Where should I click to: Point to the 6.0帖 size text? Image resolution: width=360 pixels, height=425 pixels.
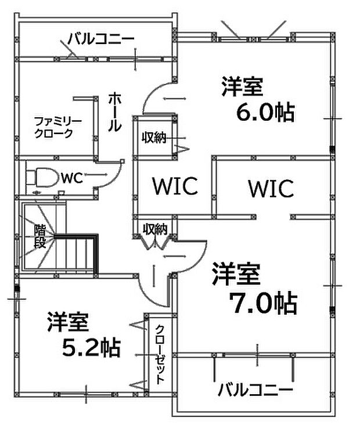[264, 112]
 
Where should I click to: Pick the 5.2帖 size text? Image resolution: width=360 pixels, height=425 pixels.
[91, 347]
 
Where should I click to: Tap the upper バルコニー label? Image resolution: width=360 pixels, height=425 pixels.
[101, 39]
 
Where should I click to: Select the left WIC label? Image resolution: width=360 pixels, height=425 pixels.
[175, 186]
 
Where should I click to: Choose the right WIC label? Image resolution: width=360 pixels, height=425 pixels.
[270, 188]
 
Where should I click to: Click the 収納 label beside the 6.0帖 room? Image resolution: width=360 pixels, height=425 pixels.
[155, 138]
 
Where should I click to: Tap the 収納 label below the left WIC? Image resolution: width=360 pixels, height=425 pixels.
[156, 229]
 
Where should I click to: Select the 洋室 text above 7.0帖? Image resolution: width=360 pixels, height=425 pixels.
[236, 273]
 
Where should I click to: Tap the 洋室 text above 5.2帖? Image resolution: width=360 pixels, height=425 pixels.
[68, 321]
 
